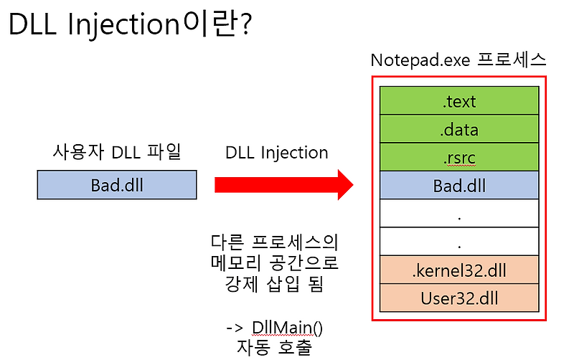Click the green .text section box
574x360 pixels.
click(x=459, y=101)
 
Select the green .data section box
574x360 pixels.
click(x=459, y=130)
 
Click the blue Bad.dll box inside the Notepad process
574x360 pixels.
click(x=459, y=186)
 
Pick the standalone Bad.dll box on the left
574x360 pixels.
click(x=116, y=186)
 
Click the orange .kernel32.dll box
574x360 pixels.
click(x=459, y=270)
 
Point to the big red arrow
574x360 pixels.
click(x=284, y=186)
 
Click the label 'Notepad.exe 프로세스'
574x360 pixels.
click(x=458, y=60)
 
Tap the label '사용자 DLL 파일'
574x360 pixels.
click(x=116, y=152)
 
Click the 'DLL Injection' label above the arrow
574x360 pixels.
click(x=276, y=153)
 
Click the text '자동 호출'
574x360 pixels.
click(x=276, y=347)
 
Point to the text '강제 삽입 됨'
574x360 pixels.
click(x=276, y=283)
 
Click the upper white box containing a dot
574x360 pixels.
click(x=459, y=214)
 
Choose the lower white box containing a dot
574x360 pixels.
click(x=459, y=242)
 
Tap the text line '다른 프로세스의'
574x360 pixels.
click(x=276, y=241)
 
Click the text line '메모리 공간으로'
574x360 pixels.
click(x=276, y=262)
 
